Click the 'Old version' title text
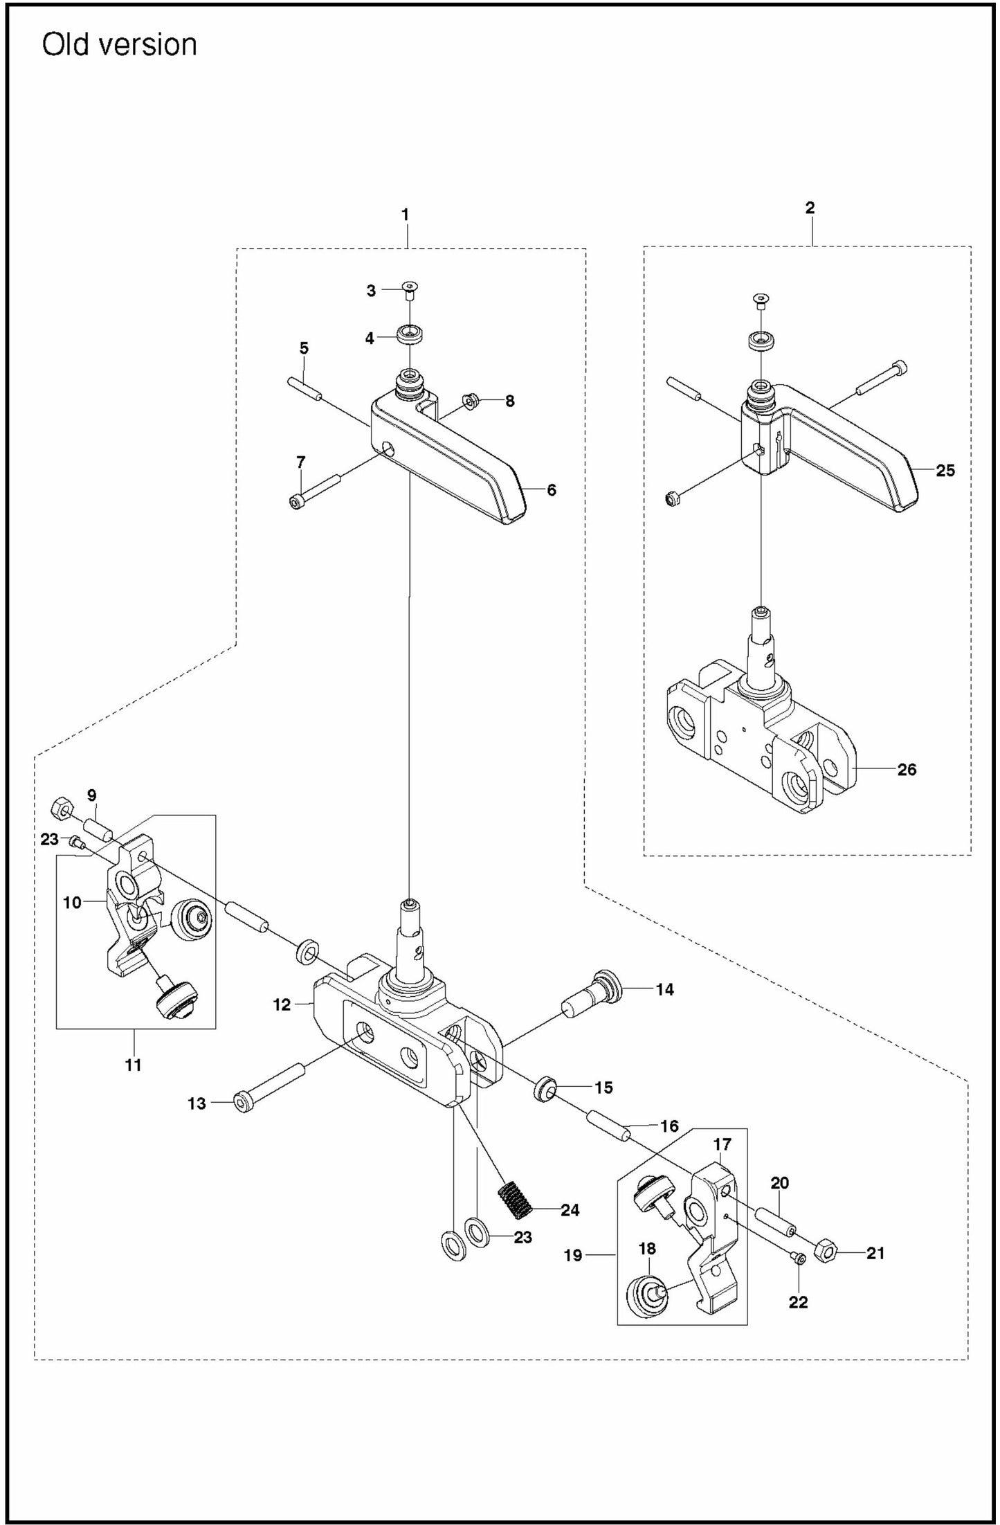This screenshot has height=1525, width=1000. point(119,45)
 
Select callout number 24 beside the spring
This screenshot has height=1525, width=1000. point(570,1209)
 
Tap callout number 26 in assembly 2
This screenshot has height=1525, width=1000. point(907,769)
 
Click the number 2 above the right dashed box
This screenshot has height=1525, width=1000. point(810,207)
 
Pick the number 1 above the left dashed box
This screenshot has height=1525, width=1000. point(406,215)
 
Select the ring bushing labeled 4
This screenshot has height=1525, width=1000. point(411,336)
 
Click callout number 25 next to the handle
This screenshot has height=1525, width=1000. point(945,471)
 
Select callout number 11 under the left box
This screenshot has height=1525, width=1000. point(133,1065)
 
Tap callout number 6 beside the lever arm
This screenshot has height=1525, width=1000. point(551,490)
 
